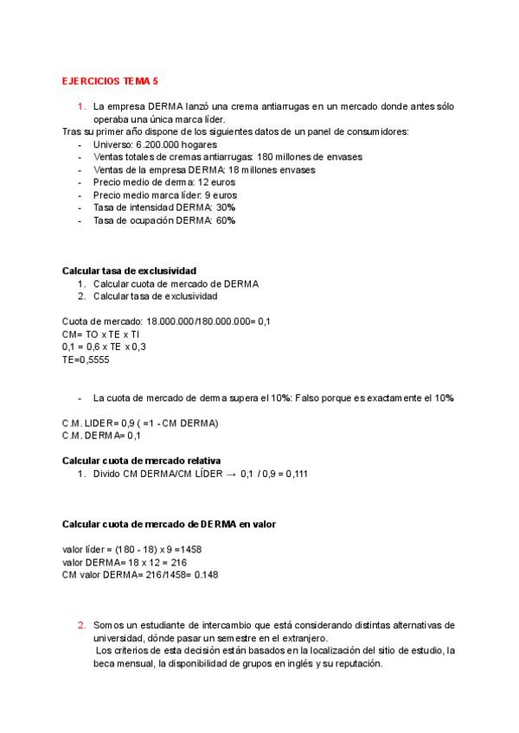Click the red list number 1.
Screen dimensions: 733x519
click(x=80, y=106)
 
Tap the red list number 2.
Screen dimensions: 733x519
click(x=80, y=625)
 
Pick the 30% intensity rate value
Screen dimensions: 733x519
click(x=226, y=207)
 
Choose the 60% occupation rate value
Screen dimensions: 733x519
click(x=225, y=220)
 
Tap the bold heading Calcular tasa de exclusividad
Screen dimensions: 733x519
click(x=130, y=271)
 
